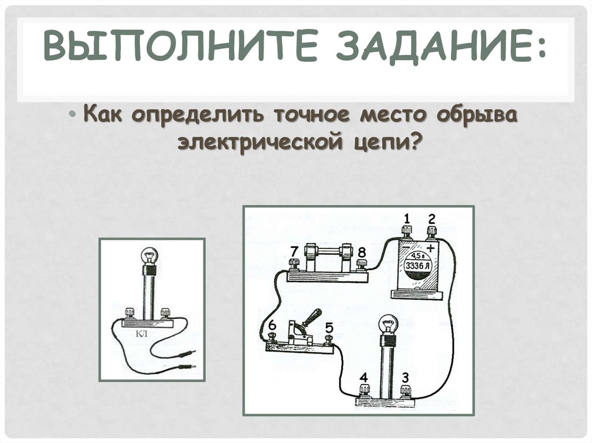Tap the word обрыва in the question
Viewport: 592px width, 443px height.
pyautogui.click(x=477, y=115)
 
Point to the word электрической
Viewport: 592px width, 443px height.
pyautogui.click(x=261, y=142)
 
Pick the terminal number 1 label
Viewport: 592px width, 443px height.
pyautogui.click(x=406, y=218)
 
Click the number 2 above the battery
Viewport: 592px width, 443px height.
pyautogui.click(x=431, y=218)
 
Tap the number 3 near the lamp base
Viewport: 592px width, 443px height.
pyautogui.click(x=405, y=377)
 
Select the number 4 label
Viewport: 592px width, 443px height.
pyautogui.click(x=364, y=377)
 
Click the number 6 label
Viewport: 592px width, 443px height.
pyautogui.click(x=272, y=325)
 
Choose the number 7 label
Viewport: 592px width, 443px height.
pyautogui.click(x=294, y=251)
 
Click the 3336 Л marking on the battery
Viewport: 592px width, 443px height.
pyautogui.click(x=417, y=266)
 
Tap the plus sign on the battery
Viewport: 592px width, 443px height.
pyautogui.click(x=431, y=248)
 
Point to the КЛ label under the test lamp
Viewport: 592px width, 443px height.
pyautogui.click(x=142, y=334)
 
